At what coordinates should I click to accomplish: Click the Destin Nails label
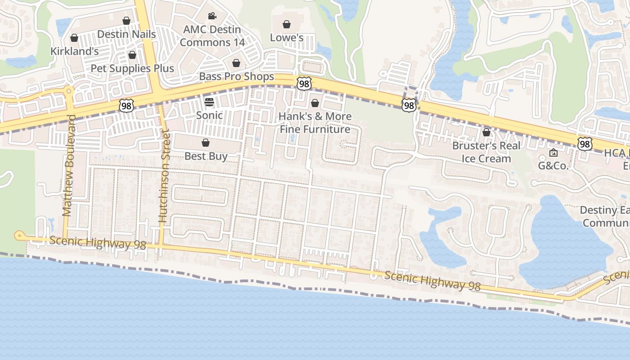(126, 34)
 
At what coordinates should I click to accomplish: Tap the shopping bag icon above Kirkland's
(74, 38)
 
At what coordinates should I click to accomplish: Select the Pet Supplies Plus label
(132, 68)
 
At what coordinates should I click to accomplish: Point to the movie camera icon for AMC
(212, 16)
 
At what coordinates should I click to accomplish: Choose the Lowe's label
(287, 38)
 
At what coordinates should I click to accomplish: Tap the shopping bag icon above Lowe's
(287, 24)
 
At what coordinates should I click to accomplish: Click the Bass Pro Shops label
(236, 76)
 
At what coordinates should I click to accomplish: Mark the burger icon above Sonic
(209, 102)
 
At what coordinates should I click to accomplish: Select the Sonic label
(209, 115)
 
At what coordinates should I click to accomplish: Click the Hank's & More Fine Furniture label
(315, 123)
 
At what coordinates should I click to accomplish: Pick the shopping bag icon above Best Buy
(206, 143)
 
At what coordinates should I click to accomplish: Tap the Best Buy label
(206, 156)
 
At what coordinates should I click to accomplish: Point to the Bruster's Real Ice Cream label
(486, 152)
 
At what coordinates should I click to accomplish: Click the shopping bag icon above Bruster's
(486, 132)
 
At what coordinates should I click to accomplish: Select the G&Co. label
(553, 166)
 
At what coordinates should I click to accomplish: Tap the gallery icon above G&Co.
(553, 153)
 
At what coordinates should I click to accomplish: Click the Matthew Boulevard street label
(69, 166)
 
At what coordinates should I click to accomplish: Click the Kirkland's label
(74, 51)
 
